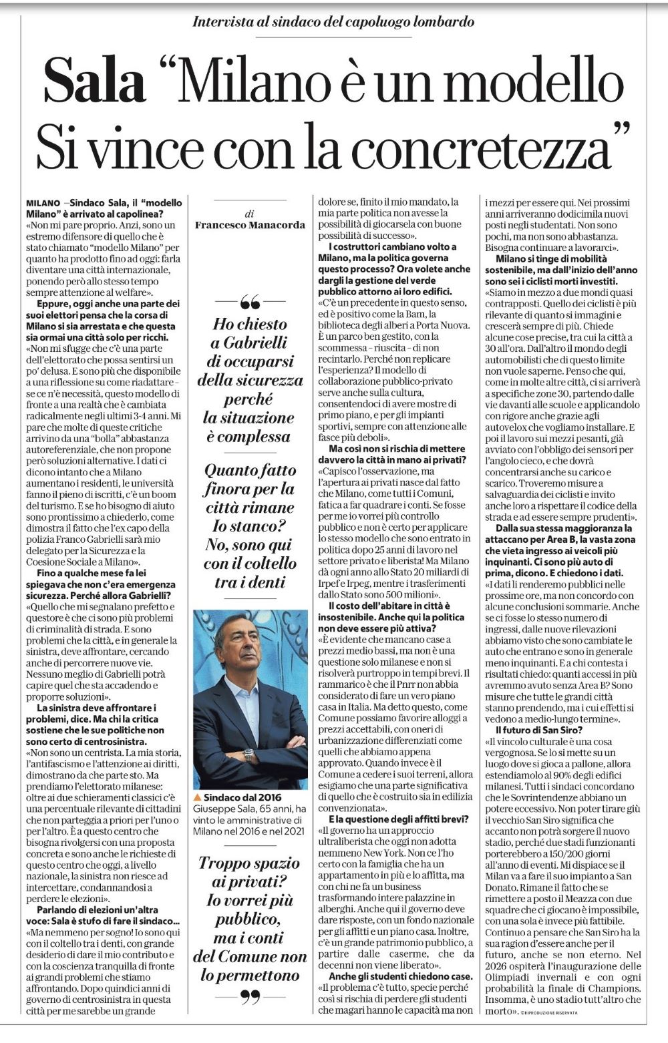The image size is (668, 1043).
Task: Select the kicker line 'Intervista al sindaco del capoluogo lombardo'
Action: [x=333, y=22]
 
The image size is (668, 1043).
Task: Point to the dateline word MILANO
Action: [x=43, y=202]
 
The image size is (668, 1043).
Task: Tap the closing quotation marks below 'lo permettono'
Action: [x=249, y=998]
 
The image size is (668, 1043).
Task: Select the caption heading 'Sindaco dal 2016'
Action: [x=242, y=797]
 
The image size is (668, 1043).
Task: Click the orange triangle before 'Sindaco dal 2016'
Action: [x=197, y=797]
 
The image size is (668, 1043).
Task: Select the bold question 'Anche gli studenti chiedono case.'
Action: [x=394, y=976]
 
